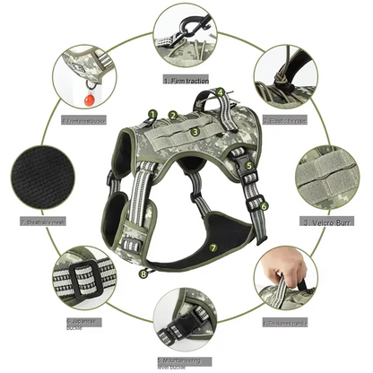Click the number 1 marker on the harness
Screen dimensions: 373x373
(x=153, y=115)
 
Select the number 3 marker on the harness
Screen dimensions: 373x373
(x=195, y=131)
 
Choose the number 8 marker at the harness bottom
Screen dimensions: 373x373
(x=143, y=273)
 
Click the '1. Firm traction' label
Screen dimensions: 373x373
(x=189, y=79)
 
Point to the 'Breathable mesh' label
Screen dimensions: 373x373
(x=43, y=221)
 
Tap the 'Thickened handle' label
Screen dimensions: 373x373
(x=287, y=320)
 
